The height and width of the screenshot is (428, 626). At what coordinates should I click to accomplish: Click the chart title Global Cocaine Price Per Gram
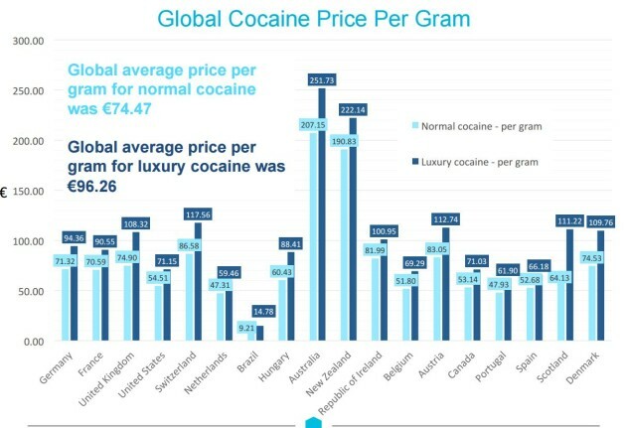coord(312,18)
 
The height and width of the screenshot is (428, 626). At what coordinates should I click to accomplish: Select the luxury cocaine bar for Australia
coord(321,218)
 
